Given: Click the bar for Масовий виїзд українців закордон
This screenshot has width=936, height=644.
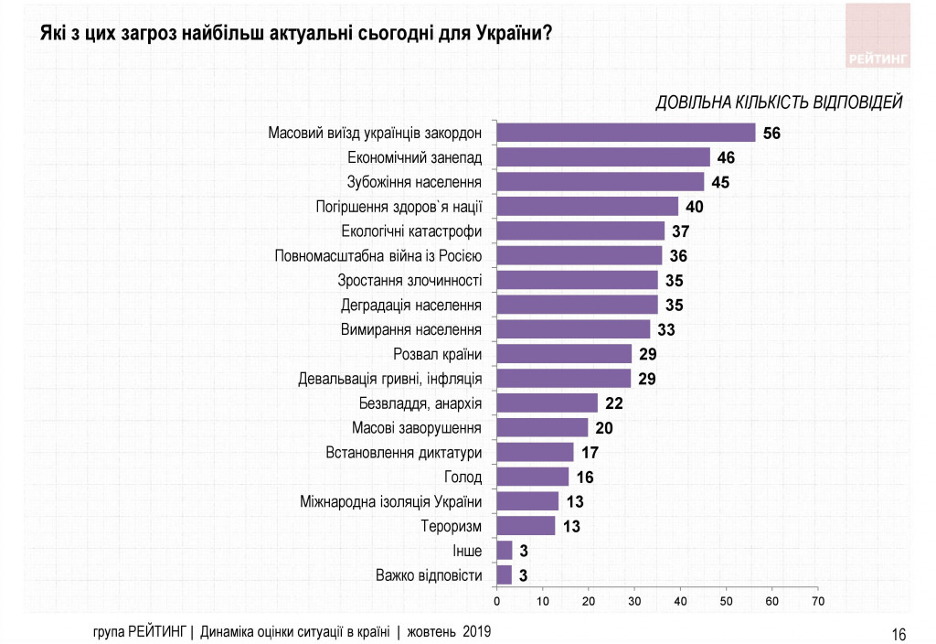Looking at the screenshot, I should click(x=625, y=133).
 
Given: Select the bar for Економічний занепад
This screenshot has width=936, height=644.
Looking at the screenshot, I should click(x=602, y=157).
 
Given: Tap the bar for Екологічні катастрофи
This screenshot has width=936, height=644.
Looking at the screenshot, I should click(x=580, y=231).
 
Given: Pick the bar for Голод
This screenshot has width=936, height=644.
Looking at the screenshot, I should click(x=532, y=477).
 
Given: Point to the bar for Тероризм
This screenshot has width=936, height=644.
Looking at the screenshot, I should click(x=525, y=526).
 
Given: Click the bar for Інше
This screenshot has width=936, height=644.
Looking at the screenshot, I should click(x=504, y=551).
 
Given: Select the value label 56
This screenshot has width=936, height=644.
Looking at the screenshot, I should click(x=772, y=134).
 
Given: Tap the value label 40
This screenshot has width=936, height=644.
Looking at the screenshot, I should click(x=695, y=207).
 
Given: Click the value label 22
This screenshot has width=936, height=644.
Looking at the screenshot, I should click(x=613, y=403).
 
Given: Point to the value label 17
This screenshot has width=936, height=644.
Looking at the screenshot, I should click(x=590, y=453).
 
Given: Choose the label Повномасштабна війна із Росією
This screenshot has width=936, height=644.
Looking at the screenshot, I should click(x=378, y=255).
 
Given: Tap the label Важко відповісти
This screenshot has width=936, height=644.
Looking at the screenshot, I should click(x=429, y=575).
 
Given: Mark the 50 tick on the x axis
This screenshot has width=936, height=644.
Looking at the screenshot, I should click(x=726, y=601).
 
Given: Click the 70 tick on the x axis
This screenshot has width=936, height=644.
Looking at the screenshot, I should click(x=817, y=601).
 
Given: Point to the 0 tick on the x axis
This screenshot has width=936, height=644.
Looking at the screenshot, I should click(x=496, y=601).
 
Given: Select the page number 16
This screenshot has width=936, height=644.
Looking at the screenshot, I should click(x=899, y=634).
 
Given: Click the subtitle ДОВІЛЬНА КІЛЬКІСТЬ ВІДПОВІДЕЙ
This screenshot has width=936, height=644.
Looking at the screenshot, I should click(x=779, y=102).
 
